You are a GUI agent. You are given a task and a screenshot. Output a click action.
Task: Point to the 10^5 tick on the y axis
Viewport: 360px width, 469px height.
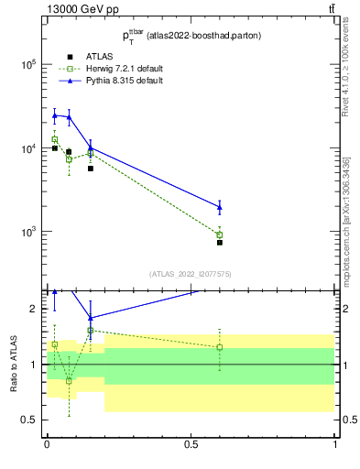[27, 64]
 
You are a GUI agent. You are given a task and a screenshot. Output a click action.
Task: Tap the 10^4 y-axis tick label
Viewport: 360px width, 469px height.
[27, 148]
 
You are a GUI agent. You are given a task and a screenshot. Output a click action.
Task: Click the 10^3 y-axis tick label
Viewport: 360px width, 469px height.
[27, 232]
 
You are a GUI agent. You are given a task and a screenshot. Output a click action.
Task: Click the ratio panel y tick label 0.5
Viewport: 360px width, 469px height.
[29, 420]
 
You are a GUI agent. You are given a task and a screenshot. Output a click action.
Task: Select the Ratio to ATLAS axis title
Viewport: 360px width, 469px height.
[13, 364]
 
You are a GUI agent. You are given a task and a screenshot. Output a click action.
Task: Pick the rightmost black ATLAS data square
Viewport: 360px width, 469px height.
[220, 243]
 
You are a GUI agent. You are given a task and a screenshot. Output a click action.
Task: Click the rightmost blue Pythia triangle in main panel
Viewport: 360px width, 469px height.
[220, 206]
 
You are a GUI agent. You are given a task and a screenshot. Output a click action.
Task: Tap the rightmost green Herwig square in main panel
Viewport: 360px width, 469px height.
[220, 235]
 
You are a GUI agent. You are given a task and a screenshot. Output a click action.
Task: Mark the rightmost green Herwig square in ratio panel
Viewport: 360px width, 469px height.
[220, 347]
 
